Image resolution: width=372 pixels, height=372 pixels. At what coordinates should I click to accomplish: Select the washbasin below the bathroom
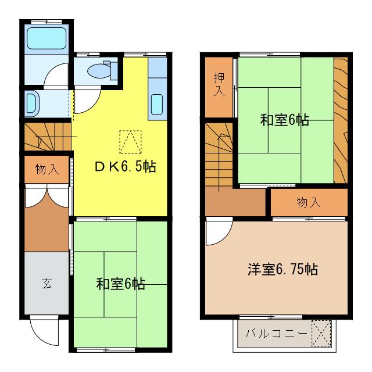tap(32, 103)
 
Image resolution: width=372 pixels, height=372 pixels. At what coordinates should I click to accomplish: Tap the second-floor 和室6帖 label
tap(284, 120)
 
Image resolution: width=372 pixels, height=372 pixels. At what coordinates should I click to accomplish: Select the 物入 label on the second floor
tap(308, 202)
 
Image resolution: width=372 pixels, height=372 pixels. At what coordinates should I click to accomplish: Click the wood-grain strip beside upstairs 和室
tap(341, 122)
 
